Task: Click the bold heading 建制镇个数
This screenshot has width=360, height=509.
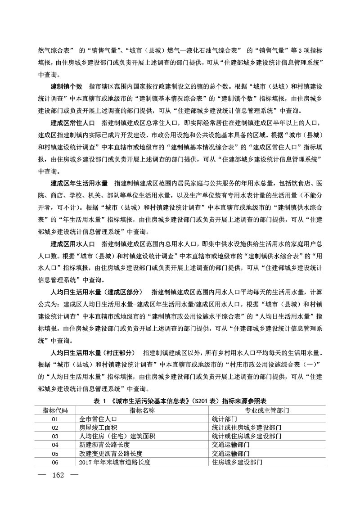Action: [66, 86]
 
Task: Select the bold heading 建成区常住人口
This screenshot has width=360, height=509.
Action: [72, 122]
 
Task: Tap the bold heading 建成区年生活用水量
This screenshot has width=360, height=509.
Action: [79, 183]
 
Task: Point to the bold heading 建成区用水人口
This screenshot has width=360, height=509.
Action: [72, 244]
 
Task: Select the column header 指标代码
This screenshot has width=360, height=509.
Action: [55, 410]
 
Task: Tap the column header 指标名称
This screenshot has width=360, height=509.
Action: [142, 410]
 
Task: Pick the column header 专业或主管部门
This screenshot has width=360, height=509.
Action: [267, 410]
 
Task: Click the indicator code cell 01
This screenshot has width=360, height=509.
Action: [55, 419]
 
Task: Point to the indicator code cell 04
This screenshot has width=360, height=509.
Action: [55, 445]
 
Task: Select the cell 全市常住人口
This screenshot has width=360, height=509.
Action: [98, 419]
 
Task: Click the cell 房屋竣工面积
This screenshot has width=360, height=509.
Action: [98, 428]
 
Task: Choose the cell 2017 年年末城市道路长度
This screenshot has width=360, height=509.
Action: [114, 462]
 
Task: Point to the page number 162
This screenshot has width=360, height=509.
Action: [59, 476]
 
